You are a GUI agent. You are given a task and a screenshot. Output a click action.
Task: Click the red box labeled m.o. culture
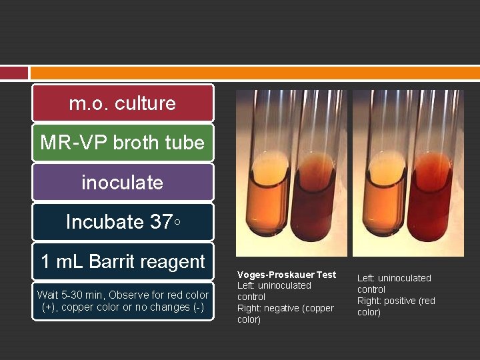coord(123,103)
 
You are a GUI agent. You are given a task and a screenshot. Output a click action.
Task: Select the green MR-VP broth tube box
coord(123,143)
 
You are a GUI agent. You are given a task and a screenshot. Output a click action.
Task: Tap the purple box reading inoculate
coord(123,182)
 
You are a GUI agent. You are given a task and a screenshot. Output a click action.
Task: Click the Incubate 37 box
coord(123,221)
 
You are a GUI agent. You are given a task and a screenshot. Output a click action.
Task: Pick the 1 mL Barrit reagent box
coord(123,261)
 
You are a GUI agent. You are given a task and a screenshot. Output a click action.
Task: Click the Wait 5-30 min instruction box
coord(123,301)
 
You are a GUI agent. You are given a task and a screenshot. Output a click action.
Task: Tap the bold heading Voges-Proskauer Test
coord(287,275)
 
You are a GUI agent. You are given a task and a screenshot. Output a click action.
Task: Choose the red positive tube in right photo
coord(433,200)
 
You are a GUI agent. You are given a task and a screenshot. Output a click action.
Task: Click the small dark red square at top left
coord(13,73)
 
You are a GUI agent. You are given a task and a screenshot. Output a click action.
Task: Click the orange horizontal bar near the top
coord(254,73)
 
